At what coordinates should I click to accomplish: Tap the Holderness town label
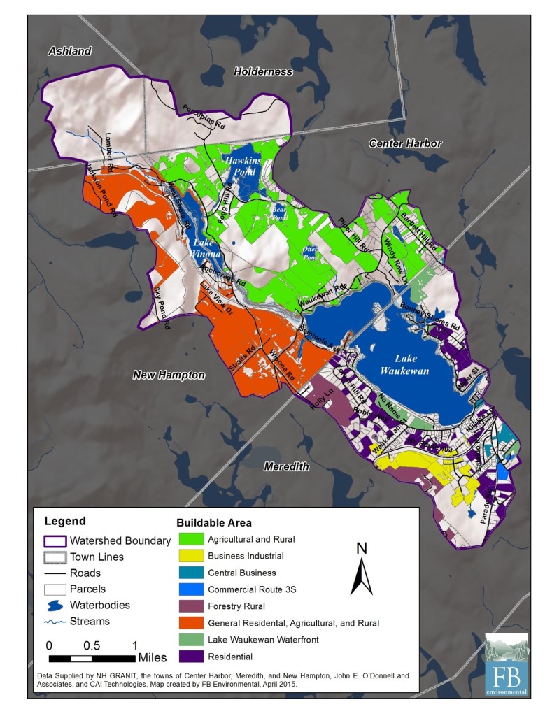pos(263,71)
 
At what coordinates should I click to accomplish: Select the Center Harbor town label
pos(405,143)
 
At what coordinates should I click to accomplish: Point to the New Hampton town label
pos(169,375)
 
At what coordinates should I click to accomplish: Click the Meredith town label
pos(285,466)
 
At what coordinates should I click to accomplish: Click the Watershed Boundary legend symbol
pos(55,541)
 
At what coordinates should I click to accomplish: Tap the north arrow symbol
pos(362,576)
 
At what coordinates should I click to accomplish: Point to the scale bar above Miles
pos(92,658)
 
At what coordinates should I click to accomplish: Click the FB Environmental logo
pos(507,664)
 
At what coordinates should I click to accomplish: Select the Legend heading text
pos(65,521)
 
